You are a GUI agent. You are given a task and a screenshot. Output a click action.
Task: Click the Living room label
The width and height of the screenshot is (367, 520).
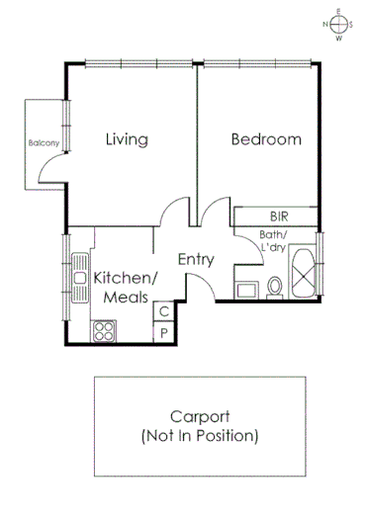[127, 139]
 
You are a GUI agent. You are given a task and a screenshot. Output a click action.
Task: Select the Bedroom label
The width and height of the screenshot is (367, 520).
[265, 139]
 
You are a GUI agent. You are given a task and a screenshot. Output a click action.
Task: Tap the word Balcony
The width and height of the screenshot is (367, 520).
[43, 142]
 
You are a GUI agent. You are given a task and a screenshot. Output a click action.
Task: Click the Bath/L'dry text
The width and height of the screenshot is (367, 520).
[272, 241]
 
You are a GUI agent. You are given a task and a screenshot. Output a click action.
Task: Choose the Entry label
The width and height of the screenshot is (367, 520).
[196, 259]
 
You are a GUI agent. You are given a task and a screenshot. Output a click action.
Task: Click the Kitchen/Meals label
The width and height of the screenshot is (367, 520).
[123, 287]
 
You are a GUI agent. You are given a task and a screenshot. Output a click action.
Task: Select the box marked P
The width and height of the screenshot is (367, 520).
[164, 333]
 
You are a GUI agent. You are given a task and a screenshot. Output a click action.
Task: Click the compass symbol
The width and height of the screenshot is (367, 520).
[337, 26]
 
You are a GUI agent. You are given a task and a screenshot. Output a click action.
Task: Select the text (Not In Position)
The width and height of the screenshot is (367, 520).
[200, 434]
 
